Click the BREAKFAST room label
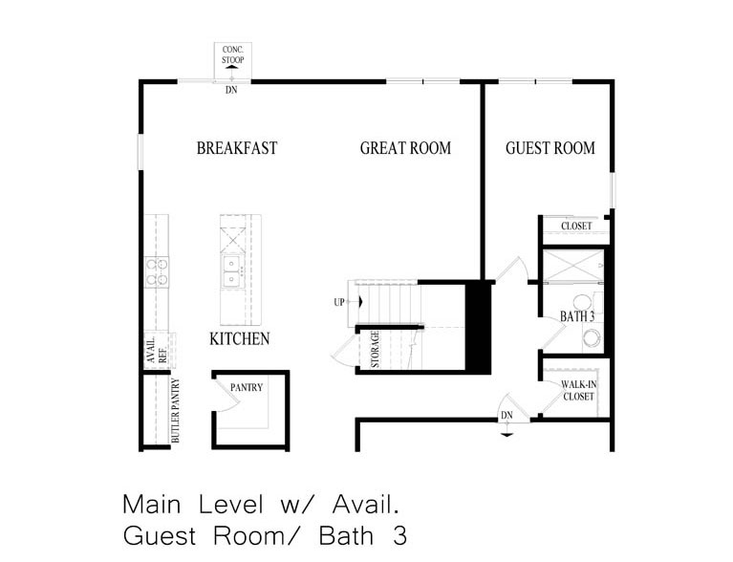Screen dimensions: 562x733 (237, 148)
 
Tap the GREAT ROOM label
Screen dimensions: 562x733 (405, 148)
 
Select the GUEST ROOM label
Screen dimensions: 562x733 (550, 148)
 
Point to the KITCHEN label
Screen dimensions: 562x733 (239, 338)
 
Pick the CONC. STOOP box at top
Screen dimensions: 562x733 (232, 54)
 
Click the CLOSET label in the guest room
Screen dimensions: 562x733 (576, 227)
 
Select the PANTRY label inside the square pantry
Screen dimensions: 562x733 (247, 387)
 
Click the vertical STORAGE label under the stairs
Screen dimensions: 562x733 (376, 349)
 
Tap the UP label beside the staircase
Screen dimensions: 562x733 (339, 302)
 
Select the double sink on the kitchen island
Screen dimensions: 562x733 (230, 271)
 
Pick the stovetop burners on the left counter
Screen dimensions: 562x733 (157, 270)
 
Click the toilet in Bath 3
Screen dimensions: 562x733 (592, 337)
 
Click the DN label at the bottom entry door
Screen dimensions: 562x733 (507, 416)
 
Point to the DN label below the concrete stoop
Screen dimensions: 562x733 (231, 92)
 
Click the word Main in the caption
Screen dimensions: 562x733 (150, 504)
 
